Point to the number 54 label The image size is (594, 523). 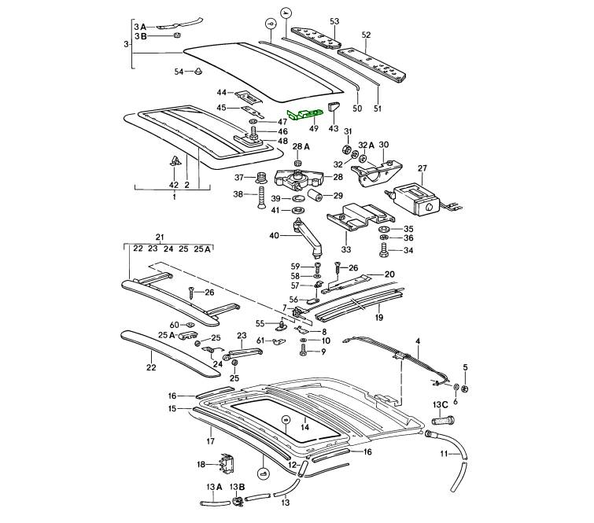point(179,72)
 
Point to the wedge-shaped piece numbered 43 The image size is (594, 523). point(333,107)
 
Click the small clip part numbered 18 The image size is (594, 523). point(227,465)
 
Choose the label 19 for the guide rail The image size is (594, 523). point(379,318)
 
